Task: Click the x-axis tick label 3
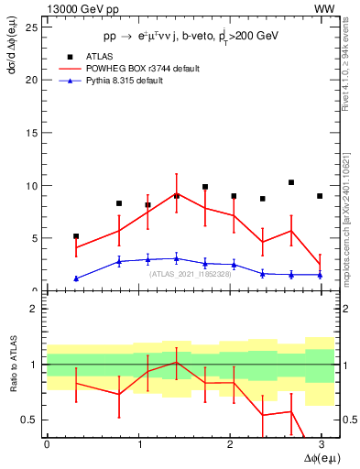tap(321, 445)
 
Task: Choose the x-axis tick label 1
tap(138, 445)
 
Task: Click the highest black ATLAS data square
tap(291, 182)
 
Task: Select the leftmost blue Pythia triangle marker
tap(76, 278)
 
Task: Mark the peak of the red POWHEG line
tap(177, 193)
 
